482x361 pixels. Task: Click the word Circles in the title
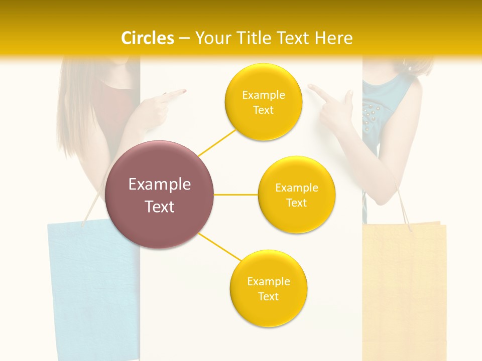pyautogui.click(x=147, y=38)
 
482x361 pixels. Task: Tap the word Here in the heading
pyautogui.click(x=333, y=38)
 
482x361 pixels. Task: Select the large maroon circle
pyautogui.click(x=160, y=195)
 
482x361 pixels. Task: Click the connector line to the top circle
pyautogui.click(x=217, y=142)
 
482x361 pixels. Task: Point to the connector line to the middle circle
pyautogui.click(x=235, y=194)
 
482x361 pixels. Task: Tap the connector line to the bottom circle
pyautogui.click(x=220, y=247)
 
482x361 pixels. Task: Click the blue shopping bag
pyautogui.click(x=93, y=286)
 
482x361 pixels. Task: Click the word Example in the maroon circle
pyautogui.click(x=160, y=184)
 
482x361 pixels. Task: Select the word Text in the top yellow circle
pyautogui.click(x=264, y=110)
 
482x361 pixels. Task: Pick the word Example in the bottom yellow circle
pyautogui.click(x=269, y=281)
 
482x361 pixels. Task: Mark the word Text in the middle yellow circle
pyautogui.click(x=297, y=203)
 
